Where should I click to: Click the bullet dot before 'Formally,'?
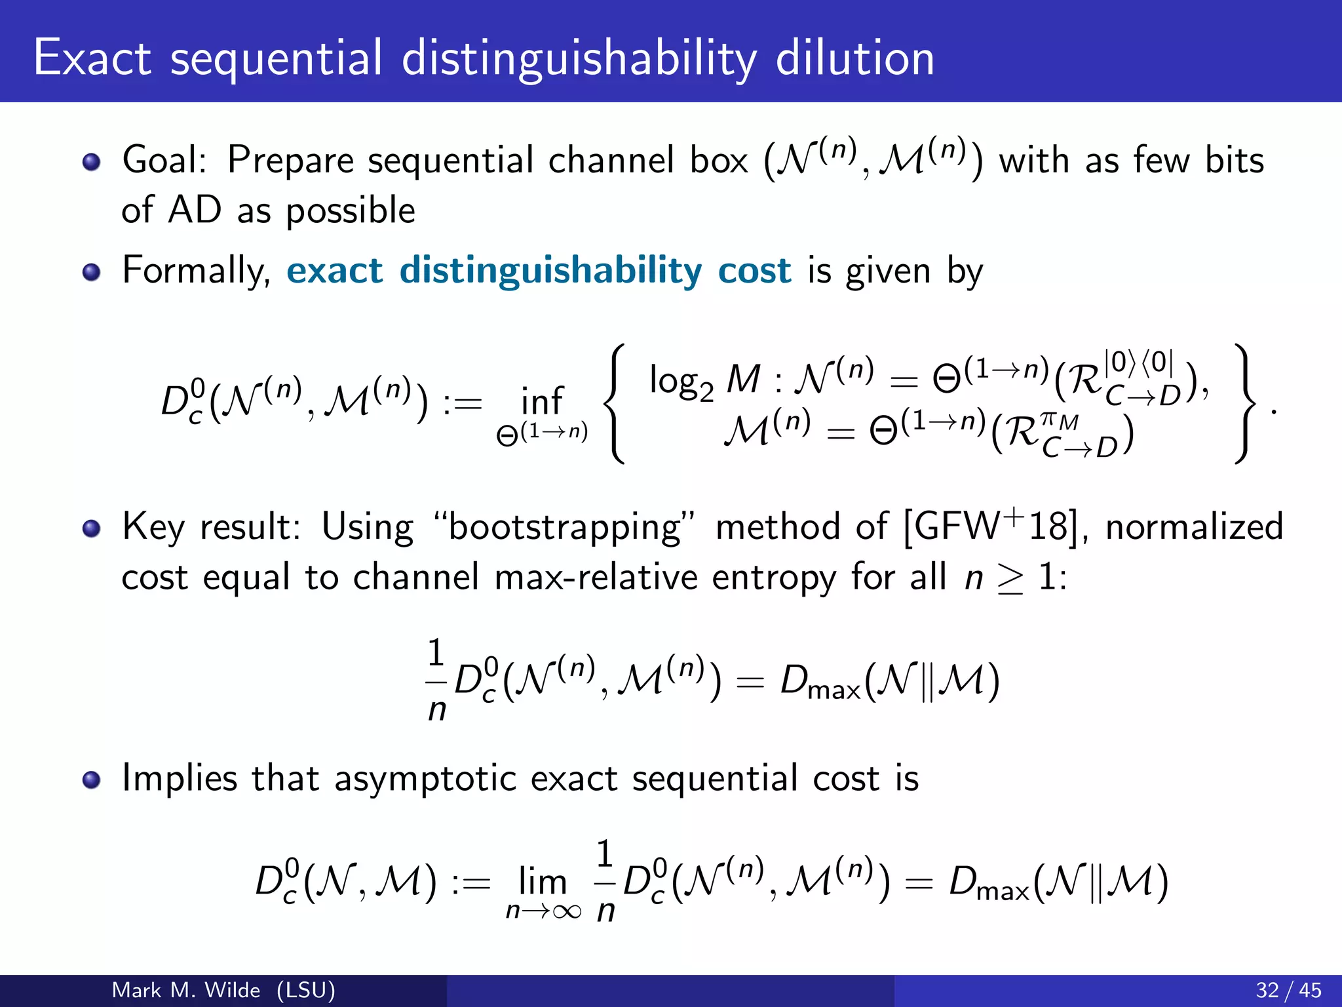tap(92, 271)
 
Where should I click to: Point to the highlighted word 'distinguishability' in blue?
tap(550, 271)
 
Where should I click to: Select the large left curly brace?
tap(615, 403)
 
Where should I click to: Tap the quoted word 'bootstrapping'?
tap(564, 527)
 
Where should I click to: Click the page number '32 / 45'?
tap(1288, 990)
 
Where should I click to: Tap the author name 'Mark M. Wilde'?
tap(186, 990)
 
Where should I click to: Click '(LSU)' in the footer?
tap(305, 990)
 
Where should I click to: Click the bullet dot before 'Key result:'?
tap(92, 528)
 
